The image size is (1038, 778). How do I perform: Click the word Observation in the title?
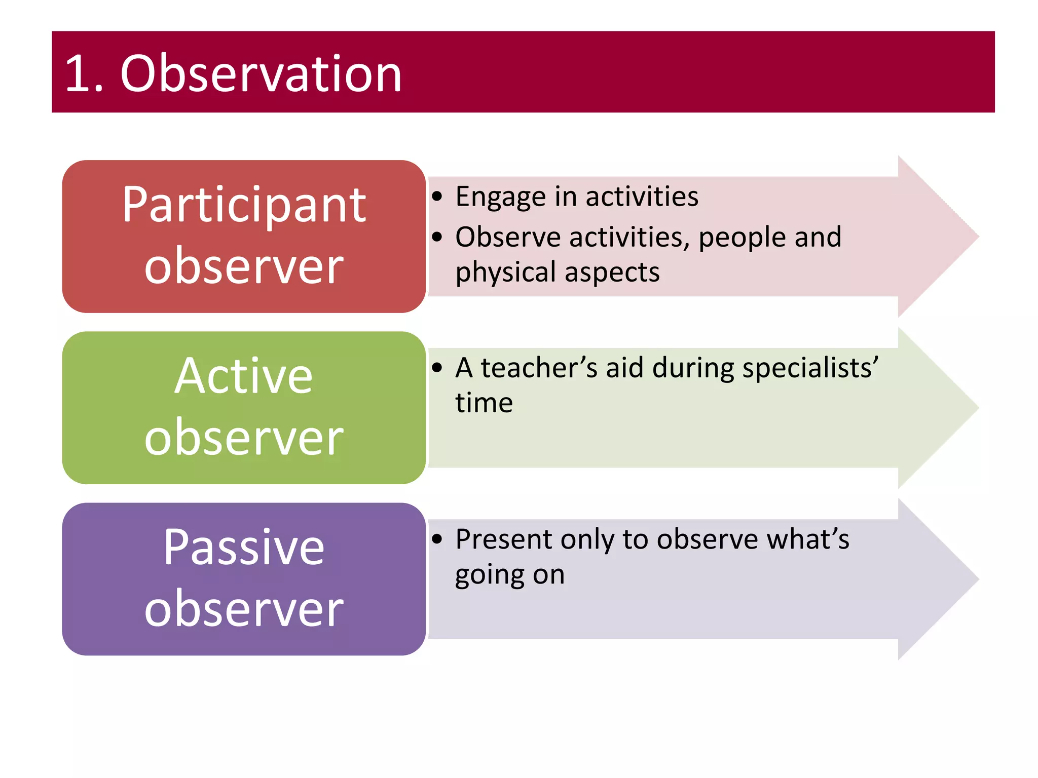coord(261,74)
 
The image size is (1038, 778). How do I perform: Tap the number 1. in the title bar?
coord(84,75)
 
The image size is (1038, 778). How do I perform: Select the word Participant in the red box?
coord(244,205)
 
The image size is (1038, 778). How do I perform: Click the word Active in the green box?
coord(244,376)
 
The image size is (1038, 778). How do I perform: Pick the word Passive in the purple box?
coord(244,547)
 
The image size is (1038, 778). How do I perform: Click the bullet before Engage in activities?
coord(437,197)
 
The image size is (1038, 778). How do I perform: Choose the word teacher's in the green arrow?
coord(539,368)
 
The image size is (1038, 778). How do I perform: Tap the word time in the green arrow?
coord(484,403)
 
